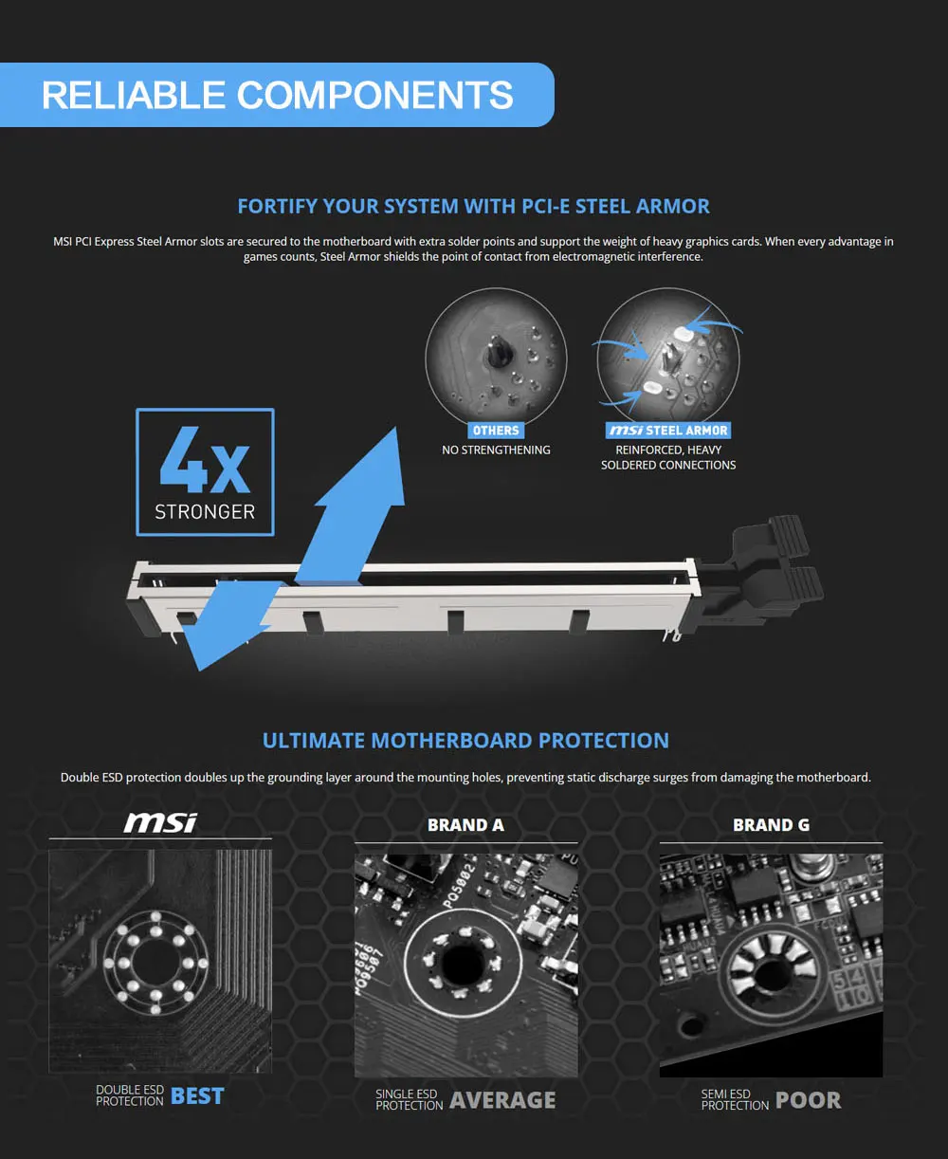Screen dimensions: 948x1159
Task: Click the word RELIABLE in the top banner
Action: coord(134,95)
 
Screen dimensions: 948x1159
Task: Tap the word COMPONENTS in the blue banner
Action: coord(375,95)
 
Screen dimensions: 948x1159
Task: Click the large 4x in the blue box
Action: coord(205,460)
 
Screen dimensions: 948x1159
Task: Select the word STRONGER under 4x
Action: coord(205,512)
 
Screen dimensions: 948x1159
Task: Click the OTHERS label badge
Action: coord(496,431)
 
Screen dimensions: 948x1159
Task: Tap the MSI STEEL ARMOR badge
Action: coord(668,431)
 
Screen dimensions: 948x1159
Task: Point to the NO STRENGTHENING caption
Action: coord(496,451)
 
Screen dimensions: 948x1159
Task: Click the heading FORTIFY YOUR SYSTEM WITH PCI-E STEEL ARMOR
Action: coord(473,206)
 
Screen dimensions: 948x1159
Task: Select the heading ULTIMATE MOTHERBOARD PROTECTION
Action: coord(465,740)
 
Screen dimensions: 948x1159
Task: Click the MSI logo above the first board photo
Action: coord(160,822)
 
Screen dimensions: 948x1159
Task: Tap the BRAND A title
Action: coord(465,825)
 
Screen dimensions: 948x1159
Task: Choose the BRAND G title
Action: coord(771,825)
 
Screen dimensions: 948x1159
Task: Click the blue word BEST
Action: coord(197,1095)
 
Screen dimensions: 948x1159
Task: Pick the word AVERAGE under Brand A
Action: coord(502,1100)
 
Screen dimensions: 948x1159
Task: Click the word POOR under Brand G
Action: coord(808,1100)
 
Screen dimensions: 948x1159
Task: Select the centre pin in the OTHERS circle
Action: coord(498,352)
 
